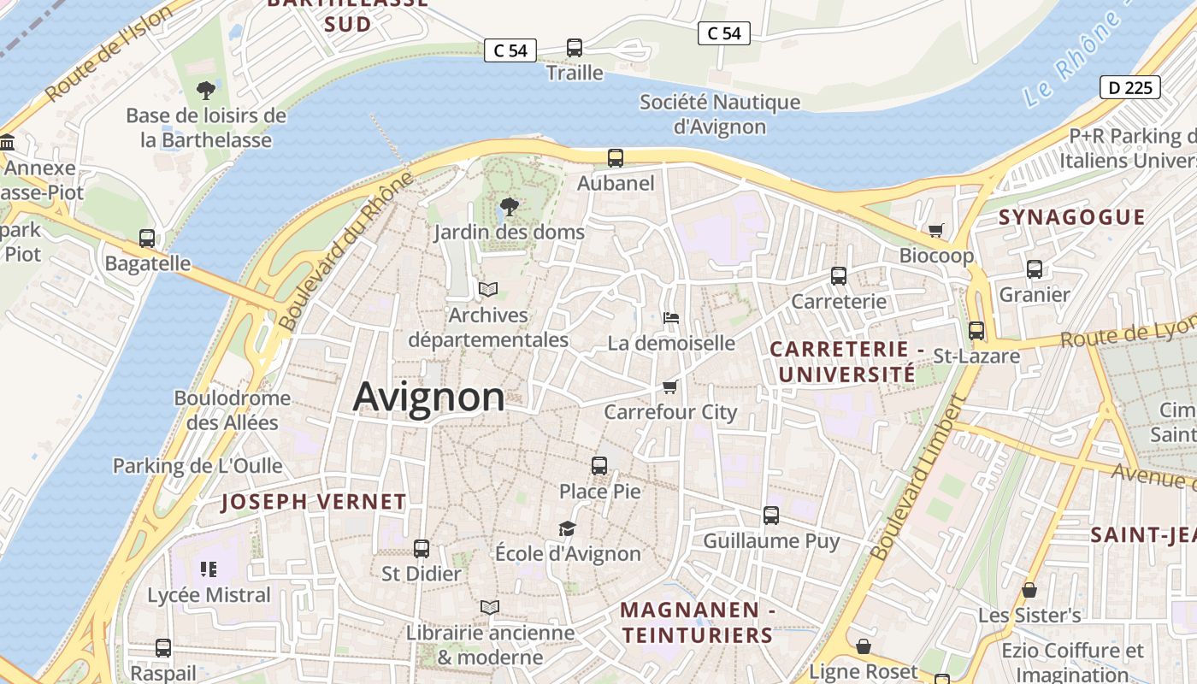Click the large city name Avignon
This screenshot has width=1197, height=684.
[428, 398]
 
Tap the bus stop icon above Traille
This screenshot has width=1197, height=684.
[575, 48]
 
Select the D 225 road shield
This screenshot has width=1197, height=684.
[1129, 87]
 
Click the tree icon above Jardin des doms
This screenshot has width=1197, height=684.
[509, 207]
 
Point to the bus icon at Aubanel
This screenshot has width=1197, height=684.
[616, 158]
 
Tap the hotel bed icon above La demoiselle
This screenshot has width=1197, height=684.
[671, 318]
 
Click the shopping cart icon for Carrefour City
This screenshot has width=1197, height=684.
[670, 387]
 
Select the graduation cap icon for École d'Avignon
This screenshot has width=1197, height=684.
[567, 528]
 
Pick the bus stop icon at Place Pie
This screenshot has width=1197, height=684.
[599, 466]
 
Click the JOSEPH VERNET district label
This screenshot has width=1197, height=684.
[314, 502]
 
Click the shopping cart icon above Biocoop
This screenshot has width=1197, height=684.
[936, 231]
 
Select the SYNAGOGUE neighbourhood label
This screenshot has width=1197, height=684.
[1071, 217]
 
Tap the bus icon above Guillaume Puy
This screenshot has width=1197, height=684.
[771, 516]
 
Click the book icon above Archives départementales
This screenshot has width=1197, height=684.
[488, 290]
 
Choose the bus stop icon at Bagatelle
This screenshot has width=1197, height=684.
[147, 239]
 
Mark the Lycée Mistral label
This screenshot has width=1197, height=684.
[209, 595]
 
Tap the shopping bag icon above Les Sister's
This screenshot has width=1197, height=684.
[1029, 590]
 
